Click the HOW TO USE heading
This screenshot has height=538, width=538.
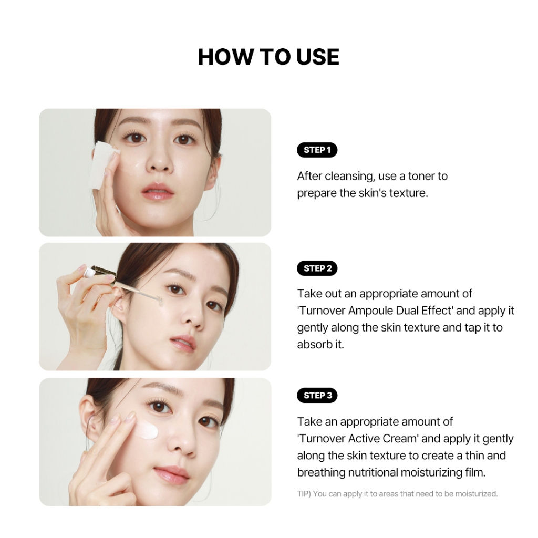268,57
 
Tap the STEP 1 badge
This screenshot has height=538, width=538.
317,150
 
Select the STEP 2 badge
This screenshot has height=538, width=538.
317,268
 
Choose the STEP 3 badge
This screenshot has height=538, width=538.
317,395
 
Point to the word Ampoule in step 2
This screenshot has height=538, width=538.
370,311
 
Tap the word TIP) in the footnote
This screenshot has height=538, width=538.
304,494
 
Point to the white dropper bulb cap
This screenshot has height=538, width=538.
90,272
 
